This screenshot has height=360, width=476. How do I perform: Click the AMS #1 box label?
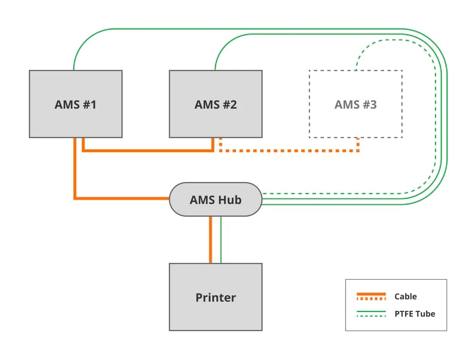(x=75, y=105)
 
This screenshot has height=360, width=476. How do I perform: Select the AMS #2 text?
(x=215, y=105)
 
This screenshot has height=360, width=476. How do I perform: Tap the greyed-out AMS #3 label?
(x=355, y=105)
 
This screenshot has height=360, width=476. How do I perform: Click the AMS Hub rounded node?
(x=215, y=200)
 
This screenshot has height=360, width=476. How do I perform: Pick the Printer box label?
(x=215, y=298)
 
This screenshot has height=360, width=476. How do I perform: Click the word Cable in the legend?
(x=405, y=296)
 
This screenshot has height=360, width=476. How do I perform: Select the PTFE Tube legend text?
(x=414, y=313)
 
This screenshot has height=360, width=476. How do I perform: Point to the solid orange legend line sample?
(x=371, y=294)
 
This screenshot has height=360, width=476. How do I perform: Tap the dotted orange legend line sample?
(x=371, y=299)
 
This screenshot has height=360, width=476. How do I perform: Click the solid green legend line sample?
(x=371, y=311)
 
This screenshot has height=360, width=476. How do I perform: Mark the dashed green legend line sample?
(x=371, y=316)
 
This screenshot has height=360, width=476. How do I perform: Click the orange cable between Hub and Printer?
(x=210, y=240)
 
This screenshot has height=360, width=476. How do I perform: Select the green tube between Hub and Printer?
(x=221, y=240)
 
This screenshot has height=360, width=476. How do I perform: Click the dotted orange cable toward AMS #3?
(x=290, y=151)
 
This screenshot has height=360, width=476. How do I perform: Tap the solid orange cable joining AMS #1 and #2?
(x=148, y=151)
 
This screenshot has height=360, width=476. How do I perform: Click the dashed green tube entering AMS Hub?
(x=333, y=194)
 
